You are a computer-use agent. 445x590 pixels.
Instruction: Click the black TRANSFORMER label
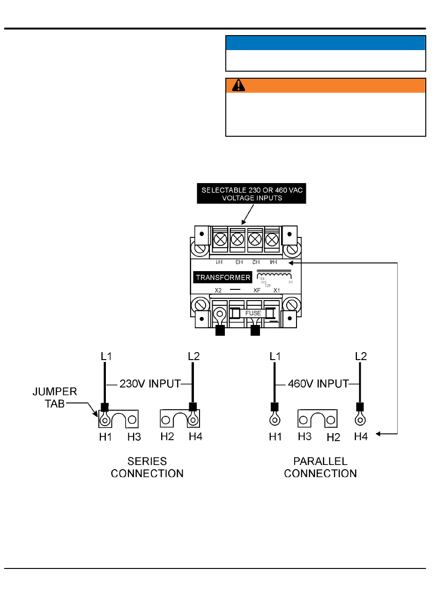point(223,277)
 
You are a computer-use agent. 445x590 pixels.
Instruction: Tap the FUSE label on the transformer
point(253,313)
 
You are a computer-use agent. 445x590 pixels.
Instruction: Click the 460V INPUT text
point(318,384)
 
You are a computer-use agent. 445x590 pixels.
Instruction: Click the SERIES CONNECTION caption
point(147,467)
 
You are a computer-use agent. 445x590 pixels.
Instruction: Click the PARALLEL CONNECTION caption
point(320,467)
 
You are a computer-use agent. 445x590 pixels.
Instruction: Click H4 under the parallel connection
point(361,436)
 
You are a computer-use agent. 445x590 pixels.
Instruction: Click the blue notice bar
point(326,43)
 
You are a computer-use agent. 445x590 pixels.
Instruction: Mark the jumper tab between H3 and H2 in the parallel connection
point(318,419)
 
